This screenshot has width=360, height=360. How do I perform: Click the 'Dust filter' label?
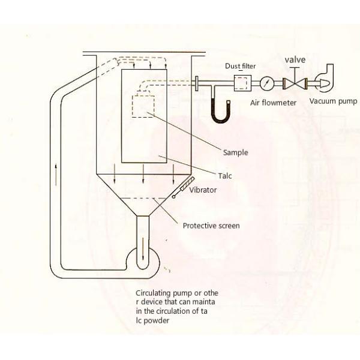point(240,66)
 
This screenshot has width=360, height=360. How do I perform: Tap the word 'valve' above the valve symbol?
point(295,59)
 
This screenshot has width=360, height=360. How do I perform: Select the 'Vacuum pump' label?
point(333,101)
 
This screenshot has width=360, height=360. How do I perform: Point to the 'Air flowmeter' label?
point(273,103)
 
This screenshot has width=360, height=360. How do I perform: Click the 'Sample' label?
point(236,152)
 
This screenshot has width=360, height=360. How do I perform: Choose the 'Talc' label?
point(225,176)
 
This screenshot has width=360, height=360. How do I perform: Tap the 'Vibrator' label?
point(203,190)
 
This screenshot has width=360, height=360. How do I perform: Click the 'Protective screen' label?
point(211,226)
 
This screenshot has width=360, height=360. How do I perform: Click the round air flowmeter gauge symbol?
point(267,83)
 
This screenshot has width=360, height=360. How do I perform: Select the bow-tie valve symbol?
point(295,83)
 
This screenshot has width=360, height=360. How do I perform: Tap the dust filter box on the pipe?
point(242,83)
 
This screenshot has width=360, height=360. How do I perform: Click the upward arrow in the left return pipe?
point(56,174)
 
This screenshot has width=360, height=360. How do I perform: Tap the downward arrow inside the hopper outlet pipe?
point(143,248)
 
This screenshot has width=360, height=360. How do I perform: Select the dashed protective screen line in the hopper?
point(144,198)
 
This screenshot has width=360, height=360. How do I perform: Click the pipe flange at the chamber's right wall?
point(197,83)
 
